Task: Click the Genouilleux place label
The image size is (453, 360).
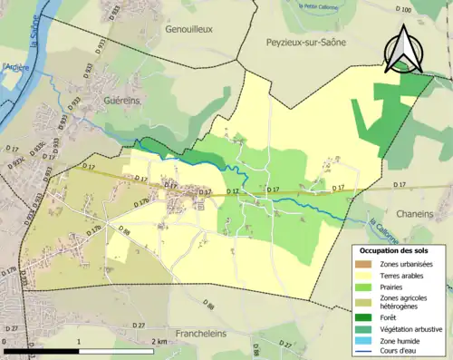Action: point(188,29)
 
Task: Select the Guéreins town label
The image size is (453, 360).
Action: point(121,102)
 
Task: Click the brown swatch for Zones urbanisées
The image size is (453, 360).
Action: point(365,264)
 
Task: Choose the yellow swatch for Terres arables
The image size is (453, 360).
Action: point(365,277)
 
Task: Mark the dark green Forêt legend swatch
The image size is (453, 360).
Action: point(365,316)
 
